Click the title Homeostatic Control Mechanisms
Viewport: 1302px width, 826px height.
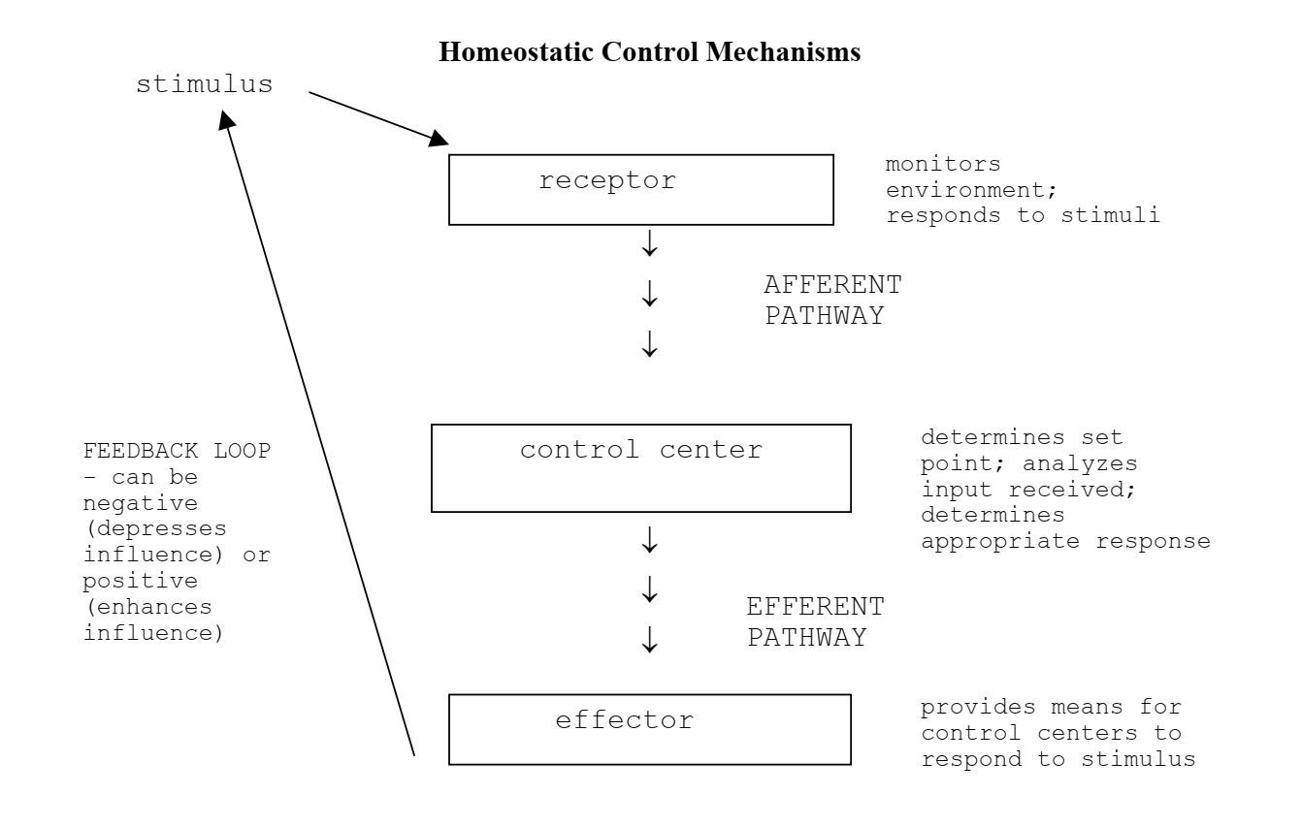click(649, 52)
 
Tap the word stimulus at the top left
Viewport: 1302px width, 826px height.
click(204, 85)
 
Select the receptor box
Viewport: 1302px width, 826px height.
click(640, 190)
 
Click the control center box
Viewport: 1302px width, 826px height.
click(640, 467)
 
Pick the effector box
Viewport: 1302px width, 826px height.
click(649, 729)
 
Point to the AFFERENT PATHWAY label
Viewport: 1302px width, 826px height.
click(831, 301)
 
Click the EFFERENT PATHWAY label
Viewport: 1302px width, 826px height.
click(815, 622)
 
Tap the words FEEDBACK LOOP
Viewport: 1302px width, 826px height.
click(177, 452)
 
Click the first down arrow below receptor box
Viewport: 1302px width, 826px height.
click(650, 245)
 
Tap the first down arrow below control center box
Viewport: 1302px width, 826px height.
click(650, 540)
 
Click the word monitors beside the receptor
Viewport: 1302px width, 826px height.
click(943, 165)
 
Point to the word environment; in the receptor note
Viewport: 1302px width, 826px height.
click(971, 191)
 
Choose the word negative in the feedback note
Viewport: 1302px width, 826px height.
click(141, 504)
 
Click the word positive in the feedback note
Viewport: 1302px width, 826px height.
click(141, 582)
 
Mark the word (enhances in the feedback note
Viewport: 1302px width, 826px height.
click(147, 608)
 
